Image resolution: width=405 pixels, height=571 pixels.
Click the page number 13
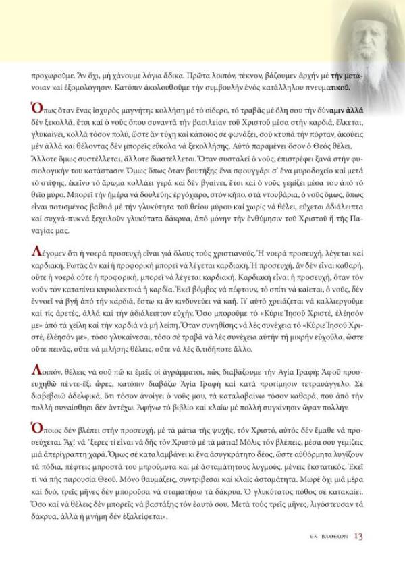[358, 537]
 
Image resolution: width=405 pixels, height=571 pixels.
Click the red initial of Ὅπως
[36, 108]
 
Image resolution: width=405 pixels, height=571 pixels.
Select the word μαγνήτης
[142, 110]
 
